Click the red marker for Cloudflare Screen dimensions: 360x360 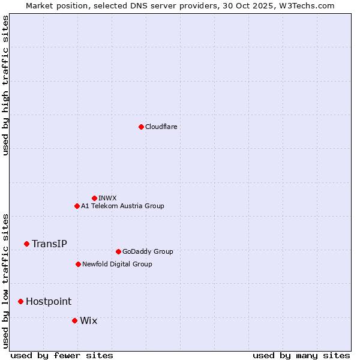click(141, 127)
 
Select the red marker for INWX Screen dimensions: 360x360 click(94, 198)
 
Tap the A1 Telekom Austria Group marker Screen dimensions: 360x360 click(77, 206)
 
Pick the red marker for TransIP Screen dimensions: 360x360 click(26, 244)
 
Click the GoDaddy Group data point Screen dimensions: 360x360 click(118, 251)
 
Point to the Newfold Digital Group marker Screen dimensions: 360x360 click(78, 264)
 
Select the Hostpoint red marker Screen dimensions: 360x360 click(20, 301)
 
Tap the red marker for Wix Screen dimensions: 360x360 click(74, 320)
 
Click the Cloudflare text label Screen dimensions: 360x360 click(161, 127)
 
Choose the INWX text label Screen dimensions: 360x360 click(107, 198)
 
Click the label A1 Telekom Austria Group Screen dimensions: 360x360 click(122, 206)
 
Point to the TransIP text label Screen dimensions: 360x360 click(49, 244)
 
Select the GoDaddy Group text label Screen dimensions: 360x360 click(147, 251)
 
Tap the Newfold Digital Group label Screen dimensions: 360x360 click(117, 264)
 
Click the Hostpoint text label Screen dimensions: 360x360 click(48, 301)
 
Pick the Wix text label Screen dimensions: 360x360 click(88, 320)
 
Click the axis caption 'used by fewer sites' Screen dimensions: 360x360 click(62, 355)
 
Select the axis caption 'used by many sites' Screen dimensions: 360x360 click(301, 355)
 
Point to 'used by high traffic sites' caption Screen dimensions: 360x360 click(5, 85)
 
